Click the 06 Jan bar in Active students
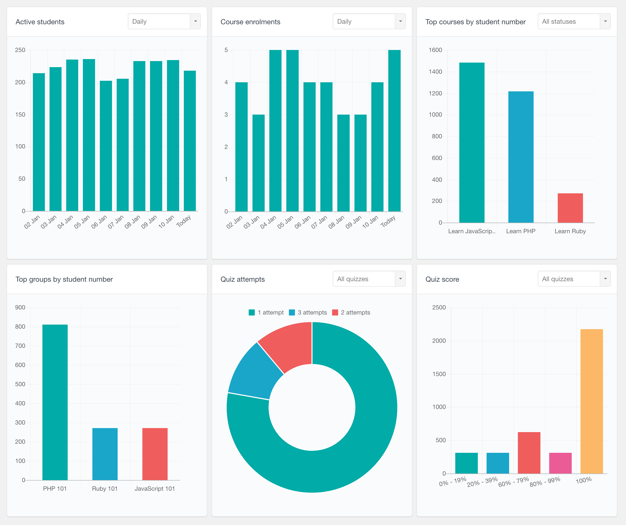(x=106, y=146)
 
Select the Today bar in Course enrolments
(x=394, y=131)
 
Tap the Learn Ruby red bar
(x=570, y=208)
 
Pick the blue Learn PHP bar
(x=521, y=157)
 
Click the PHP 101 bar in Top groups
(x=55, y=403)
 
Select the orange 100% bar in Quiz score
(x=591, y=401)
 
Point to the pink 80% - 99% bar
(x=560, y=463)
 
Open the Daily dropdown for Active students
(x=164, y=21)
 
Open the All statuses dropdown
(x=574, y=21)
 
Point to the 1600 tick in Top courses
(x=435, y=50)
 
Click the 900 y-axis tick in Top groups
(x=20, y=307)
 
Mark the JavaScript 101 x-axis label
(x=154, y=489)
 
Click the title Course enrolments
(x=250, y=22)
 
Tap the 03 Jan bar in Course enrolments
(x=258, y=163)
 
